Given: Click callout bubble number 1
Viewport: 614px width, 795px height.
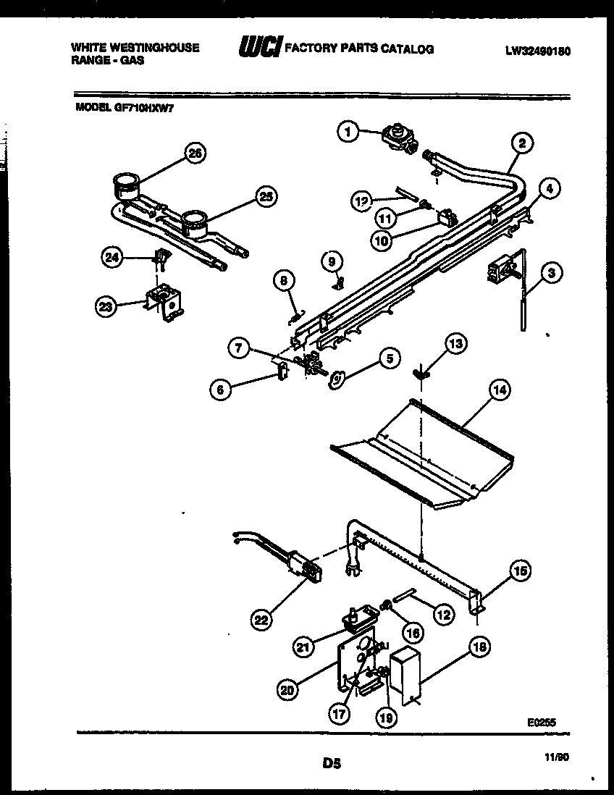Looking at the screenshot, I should (348, 132).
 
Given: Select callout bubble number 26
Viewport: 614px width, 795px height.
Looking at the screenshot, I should (193, 153).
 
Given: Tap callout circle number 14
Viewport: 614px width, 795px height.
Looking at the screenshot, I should (498, 390).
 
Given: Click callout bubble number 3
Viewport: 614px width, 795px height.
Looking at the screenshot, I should (551, 273).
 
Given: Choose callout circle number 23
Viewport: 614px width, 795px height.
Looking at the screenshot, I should (106, 306).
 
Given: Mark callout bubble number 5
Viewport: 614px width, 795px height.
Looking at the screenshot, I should (390, 358).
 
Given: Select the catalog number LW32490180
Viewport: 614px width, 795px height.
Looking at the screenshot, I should (534, 51).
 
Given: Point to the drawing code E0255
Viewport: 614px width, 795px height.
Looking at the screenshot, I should (541, 721).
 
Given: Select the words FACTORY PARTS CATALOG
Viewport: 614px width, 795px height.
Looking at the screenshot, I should (359, 49).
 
